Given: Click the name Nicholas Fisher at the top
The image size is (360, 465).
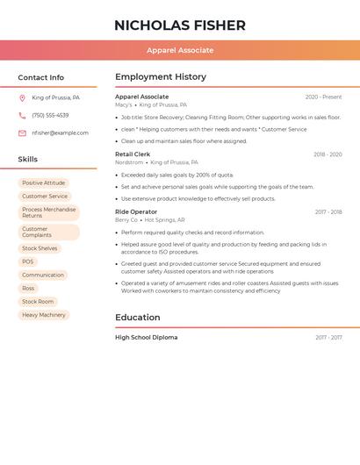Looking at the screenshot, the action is click(180, 25).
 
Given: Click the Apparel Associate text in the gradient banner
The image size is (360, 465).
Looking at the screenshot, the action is click(180, 51).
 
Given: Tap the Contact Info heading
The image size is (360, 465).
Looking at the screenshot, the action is click(41, 77).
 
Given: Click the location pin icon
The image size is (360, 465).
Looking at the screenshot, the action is click(22, 98).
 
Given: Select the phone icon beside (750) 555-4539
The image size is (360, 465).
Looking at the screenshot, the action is click(22, 116).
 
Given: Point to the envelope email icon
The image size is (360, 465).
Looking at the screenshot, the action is click(22, 133).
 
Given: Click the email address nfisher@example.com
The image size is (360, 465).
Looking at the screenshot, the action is click(60, 133).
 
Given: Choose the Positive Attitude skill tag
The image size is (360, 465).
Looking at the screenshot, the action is click(44, 183).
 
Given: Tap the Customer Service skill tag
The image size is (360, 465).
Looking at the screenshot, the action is click(45, 197).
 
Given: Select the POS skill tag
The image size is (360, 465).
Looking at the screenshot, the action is click(28, 261).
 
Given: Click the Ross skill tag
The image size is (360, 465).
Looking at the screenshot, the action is click(28, 288).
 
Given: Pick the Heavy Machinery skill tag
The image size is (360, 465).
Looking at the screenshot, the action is click(44, 315).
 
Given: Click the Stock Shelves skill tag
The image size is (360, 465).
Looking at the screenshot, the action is click(40, 248).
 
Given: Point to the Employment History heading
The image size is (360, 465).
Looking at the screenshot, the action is click(161, 77).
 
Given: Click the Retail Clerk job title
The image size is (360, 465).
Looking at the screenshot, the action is click(133, 154).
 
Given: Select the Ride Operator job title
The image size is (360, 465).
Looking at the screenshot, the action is click(136, 212).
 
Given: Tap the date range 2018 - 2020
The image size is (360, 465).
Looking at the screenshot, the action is click(328, 154).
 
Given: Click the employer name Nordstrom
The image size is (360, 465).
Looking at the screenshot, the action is click(129, 162).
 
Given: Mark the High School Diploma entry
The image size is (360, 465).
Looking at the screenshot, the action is click(146, 338).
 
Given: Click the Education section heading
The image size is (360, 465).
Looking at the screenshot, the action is click(138, 318).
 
